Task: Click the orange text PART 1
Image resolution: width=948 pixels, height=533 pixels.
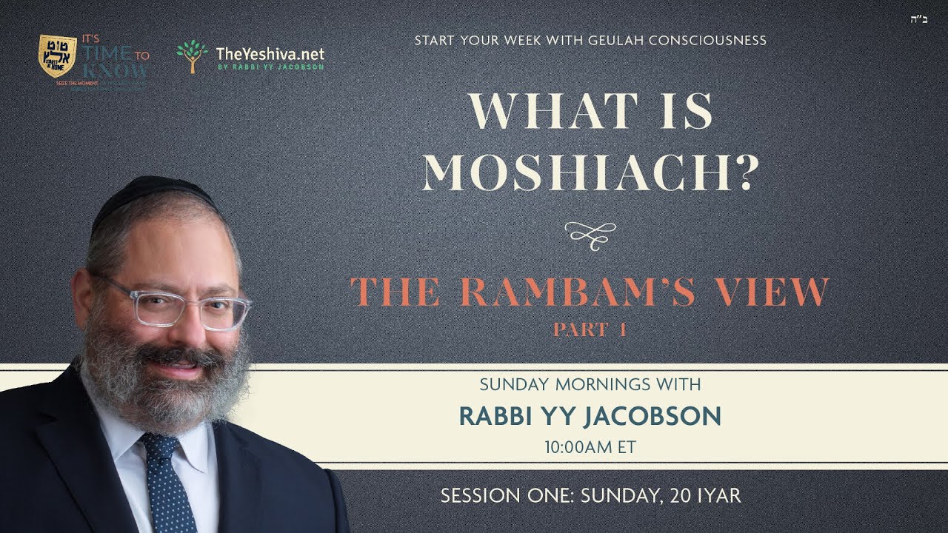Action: [x=590, y=329]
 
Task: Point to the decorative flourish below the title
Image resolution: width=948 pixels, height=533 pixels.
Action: [x=590, y=232]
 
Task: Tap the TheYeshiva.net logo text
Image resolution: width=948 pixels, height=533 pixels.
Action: [x=270, y=54]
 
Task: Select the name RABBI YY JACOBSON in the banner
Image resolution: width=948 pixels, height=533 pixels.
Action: [x=590, y=416]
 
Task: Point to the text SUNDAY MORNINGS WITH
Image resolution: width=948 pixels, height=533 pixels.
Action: [x=590, y=385]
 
